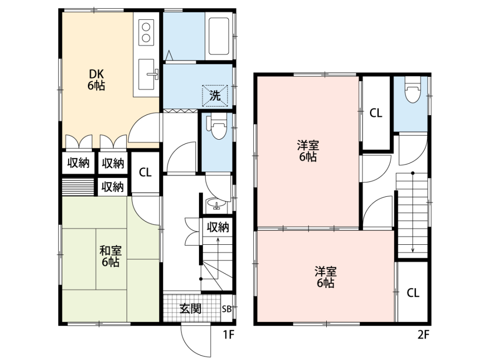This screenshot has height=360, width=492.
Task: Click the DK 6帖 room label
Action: pos(96,80)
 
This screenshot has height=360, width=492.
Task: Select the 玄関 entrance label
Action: pos(190,309)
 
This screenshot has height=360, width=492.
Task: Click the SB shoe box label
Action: pos(227,309)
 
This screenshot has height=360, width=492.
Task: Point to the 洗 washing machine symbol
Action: pos(215,96)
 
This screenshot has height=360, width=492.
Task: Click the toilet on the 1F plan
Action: pos(219,127)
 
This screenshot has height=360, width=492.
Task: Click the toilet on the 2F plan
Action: pos(413,90)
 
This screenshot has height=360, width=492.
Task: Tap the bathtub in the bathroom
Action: pos(219,36)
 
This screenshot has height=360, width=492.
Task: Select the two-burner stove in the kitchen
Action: pos(146,32)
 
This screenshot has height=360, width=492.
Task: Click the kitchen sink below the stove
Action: pos(147,74)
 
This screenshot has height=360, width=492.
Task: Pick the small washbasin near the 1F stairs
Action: pos(216,203)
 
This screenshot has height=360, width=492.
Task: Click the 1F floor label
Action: pos(229,335)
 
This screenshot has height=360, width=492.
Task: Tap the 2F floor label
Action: pos(423,335)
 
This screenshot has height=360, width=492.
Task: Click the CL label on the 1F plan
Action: pos(145,172)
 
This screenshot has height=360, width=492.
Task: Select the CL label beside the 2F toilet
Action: pos(376,113)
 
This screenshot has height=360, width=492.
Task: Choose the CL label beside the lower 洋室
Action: pos(413,293)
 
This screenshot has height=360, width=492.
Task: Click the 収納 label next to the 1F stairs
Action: pos(218,228)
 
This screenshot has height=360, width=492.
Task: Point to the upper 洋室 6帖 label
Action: pos(308,151)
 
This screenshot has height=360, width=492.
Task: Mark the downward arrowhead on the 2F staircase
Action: pos(413,250)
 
